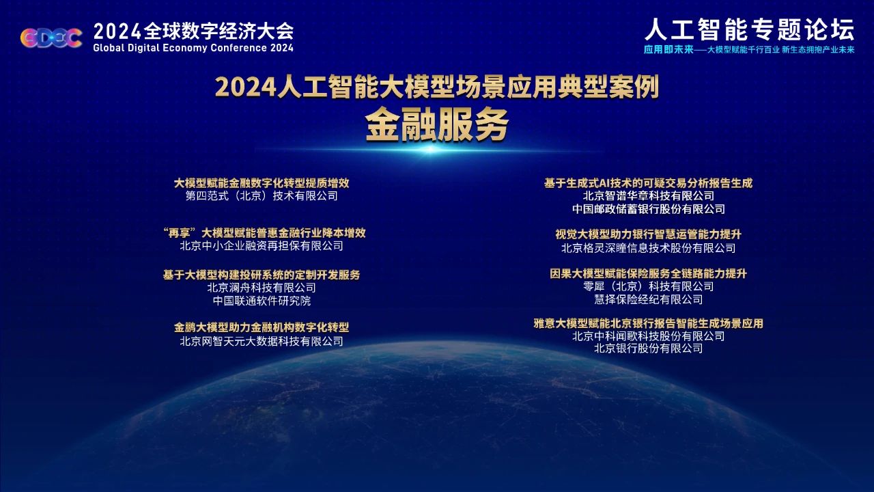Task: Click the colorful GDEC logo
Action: tap(51, 38)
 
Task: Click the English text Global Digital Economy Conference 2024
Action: tap(193, 48)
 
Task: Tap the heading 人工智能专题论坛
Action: tap(749, 29)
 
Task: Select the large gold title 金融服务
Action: tap(437, 124)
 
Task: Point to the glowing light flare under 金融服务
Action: tap(430, 149)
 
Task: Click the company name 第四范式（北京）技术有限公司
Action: tap(262, 195)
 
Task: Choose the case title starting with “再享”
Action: tap(264, 233)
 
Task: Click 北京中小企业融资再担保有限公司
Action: tap(262, 246)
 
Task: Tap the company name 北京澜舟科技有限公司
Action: tap(262, 288)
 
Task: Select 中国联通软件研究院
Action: tap(262, 301)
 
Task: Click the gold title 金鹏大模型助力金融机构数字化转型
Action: tap(262, 327)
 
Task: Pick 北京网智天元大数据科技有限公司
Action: tap(262, 341)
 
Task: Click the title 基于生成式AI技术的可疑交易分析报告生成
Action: tap(648, 183)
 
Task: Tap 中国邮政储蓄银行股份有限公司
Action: tap(648, 209)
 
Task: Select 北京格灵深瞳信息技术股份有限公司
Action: tap(648, 248)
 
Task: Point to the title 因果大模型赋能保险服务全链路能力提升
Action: tap(648, 273)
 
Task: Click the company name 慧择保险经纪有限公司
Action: tap(648, 299)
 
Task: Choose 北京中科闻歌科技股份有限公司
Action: tap(648, 336)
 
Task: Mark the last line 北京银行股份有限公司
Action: tap(648, 348)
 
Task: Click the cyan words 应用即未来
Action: tap(668, 50)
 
